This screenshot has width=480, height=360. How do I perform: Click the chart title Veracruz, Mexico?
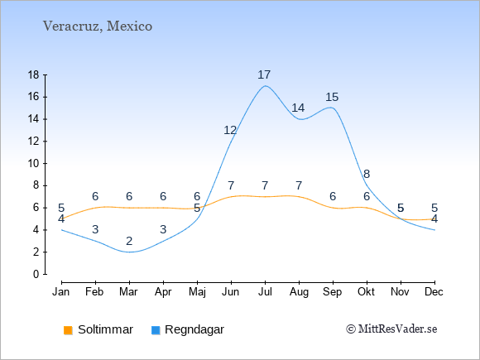click(x=98, y=26)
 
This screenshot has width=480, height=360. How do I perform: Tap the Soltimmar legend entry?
click(x=98, y=329)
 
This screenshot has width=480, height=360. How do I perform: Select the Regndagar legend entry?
click(x=188, y=329)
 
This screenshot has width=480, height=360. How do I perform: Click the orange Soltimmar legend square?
click(x=68, y=330)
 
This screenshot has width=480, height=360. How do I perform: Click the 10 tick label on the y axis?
click(x=34, y=164)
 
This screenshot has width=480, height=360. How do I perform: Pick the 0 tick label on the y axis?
click(x=36, y=274)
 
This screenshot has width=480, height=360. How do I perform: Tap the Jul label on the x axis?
click(x=265, y=292)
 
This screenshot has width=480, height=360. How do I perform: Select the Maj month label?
click(x=197, y=292)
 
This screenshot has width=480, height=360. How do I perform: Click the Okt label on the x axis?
click(x=367, y=292)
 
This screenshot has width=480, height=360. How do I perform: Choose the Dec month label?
click(x=434, y=292)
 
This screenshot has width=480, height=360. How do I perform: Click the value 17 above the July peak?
click(x=264, y=74)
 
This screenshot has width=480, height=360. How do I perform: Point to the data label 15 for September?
click(x=332, y=98)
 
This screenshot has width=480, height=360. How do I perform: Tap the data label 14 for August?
click(x=298, y=108)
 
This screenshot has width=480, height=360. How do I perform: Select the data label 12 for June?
click(x=230, y=131)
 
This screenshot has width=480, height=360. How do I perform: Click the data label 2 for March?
click(x=129, y=241)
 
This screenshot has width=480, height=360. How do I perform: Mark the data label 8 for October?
click(x=367, y=174)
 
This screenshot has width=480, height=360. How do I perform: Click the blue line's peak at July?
click(x=265, y=86)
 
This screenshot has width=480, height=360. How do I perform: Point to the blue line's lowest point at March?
click(x=129, y=252)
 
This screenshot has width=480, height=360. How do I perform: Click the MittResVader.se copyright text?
click(x=391, y=329)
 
